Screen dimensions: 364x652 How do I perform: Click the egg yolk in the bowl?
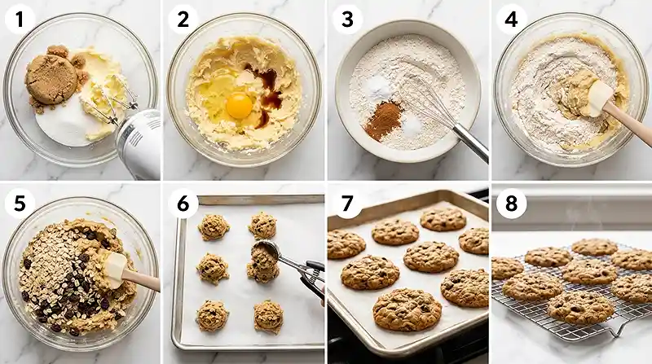[x=238, y=105]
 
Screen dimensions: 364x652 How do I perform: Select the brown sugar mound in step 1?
[x=51, y=80]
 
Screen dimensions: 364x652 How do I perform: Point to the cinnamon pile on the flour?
[x=383, y=120]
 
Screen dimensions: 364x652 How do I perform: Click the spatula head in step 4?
[x=599, y=97]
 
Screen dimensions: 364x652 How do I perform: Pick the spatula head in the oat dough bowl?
[x=114, y=265]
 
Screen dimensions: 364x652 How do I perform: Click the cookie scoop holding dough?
[x=264, y=259]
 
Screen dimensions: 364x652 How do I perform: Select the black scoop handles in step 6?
[x=311, y=277]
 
